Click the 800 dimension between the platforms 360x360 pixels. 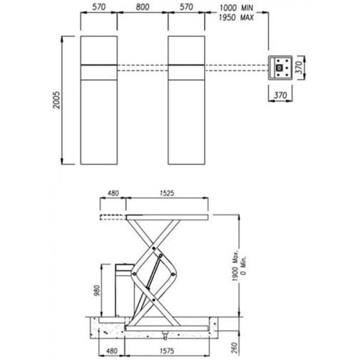pos(142,7)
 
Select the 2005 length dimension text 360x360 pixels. pos(57,100)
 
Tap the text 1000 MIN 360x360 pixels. pos(236,8)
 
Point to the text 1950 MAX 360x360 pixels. pos(236,17)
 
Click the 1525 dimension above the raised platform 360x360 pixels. pos(167,193)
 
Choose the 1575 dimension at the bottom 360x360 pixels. pos(167,351)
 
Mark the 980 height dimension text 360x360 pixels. pos(97,291)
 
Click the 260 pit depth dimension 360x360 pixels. pos(233,348)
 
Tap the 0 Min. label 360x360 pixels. pos(244,265)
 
